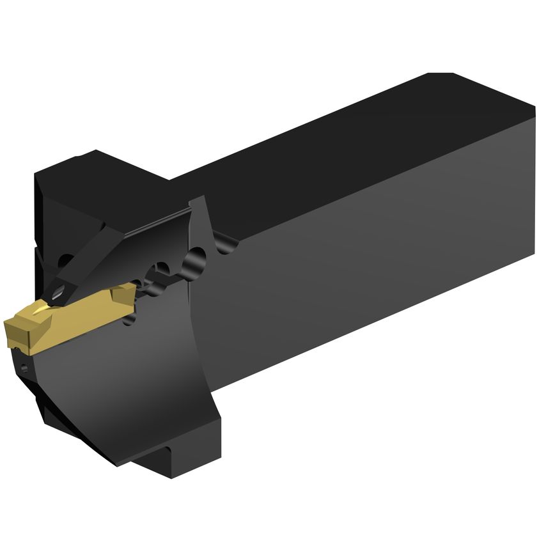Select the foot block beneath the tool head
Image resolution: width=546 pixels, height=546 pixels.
pyautogui.click(x=163, y=457)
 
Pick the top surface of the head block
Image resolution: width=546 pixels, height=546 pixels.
pyautogui.click(x=102, y=169)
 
